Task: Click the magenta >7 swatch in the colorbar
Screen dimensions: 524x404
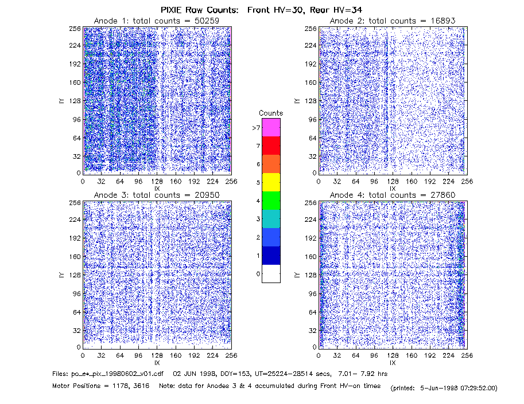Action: tap(271, 127)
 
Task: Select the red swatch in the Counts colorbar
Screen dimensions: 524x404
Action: tap(271, 146)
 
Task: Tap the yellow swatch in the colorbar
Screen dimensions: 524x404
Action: tap(271, 182)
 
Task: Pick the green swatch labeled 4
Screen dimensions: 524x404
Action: tap(271, 201)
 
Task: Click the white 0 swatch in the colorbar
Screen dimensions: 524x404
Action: tap(271, 273)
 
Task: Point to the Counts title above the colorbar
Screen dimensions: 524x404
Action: tap(271, 113)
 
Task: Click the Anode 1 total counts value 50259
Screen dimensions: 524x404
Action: tap(207, 21)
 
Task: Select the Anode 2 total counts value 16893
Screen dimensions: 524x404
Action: tap(443, 21)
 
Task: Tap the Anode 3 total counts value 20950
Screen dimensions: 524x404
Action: tap(207, 195)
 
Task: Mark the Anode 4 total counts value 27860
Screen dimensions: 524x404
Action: tap(443, 195)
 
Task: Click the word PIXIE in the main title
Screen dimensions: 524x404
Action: tap(172, 10)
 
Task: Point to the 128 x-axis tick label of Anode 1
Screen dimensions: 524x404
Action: tap(157, 182)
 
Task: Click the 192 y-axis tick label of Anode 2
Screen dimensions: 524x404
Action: tap(310, 64)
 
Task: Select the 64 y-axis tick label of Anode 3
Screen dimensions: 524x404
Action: tap(77, 312)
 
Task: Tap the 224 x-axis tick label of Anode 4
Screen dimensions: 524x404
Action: tap(448, 356)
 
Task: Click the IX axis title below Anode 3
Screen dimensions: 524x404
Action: tap(157, 363)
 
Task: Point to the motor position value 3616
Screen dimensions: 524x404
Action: tap(141, 386)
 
